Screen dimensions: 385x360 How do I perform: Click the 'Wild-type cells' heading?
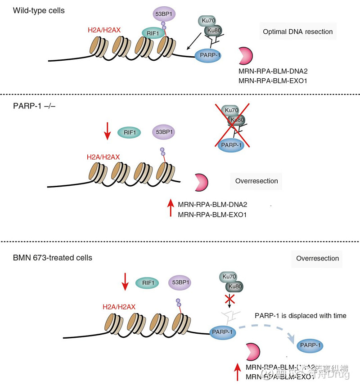coord(39,10)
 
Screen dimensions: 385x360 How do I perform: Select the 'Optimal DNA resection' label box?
coord(297,31)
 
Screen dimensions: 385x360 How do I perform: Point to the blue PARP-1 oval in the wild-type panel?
coord(211,55)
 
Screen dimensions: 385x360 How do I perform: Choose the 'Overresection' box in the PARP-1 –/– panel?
coord(256,181)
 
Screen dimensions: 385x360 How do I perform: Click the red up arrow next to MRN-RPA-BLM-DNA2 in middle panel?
coord(170,209)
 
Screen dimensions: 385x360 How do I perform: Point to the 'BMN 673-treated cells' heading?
coord(53,258)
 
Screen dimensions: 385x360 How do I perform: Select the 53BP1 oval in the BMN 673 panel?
coord(179,282)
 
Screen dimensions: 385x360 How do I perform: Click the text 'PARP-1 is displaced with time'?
coord(300,315)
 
